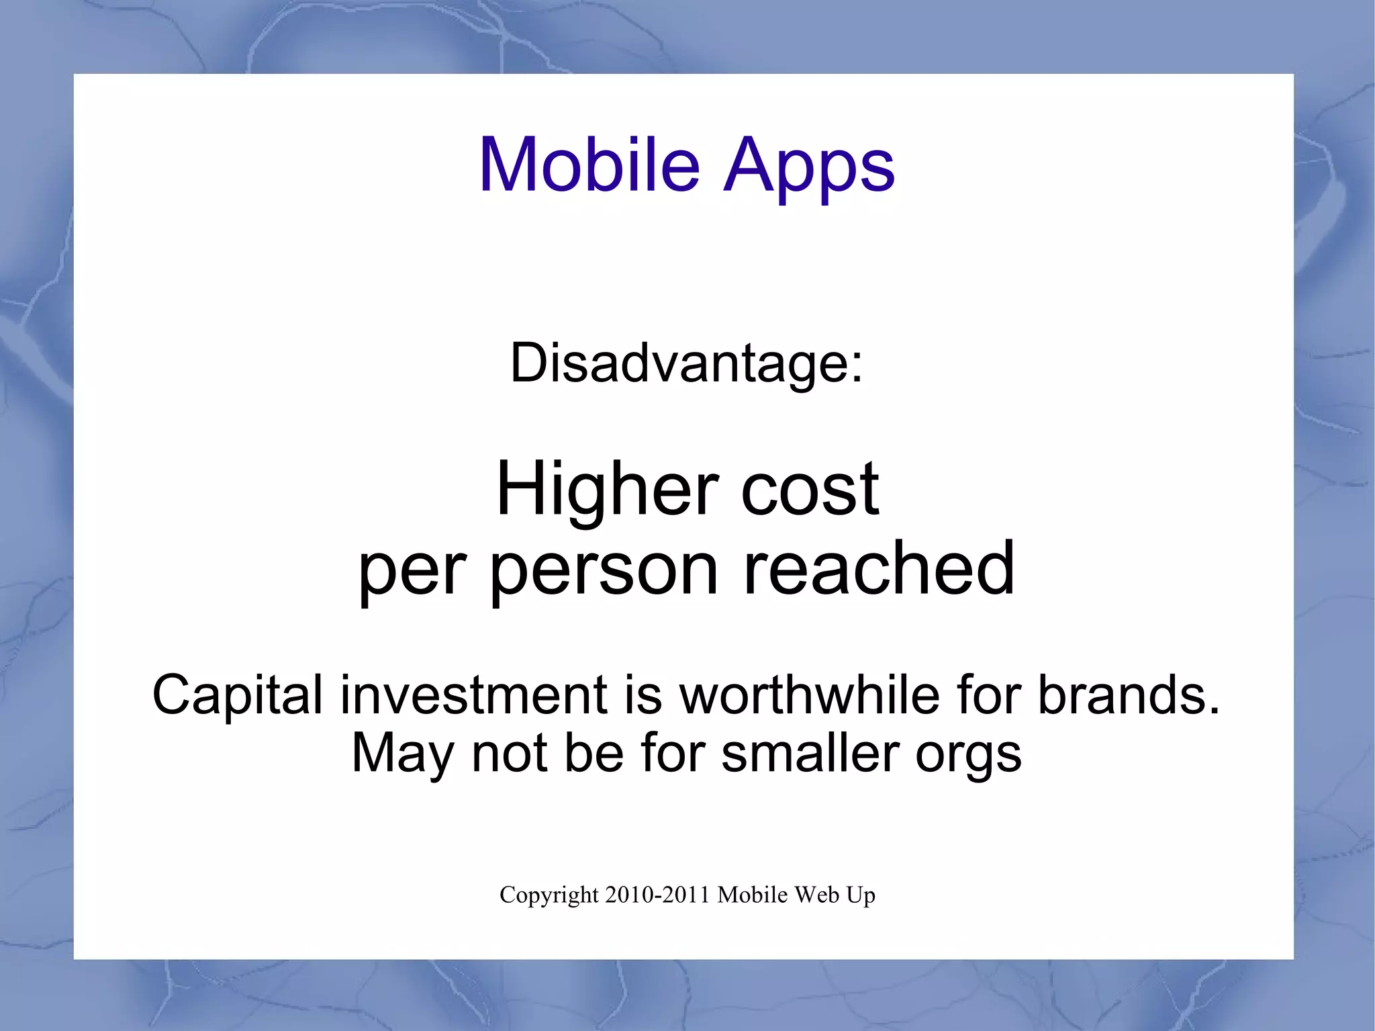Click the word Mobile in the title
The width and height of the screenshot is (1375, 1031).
click(589, 165)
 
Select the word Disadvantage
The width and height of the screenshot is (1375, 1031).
click(678, 363)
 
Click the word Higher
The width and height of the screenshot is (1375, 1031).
click(607, 490)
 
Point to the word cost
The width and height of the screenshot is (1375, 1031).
click(810, 490)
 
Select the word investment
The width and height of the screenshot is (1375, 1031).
click(474, 695)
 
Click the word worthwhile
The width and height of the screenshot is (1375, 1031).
click(810, 695)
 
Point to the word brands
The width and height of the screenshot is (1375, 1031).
click(1128, 695)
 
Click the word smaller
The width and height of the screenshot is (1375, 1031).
click(810, 754)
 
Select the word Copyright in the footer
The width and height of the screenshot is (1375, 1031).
click(549, 895)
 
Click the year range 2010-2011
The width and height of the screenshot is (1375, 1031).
click(657, 895)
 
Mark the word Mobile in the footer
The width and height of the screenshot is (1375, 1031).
click(753, 895)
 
